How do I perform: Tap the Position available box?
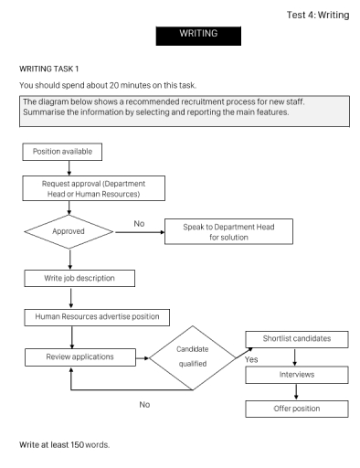point(61,151)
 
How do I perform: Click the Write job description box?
point(82,276)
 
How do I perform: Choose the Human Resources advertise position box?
point(97,316)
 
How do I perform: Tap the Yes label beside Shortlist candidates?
point(251,359)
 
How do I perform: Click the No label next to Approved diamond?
point(139,222)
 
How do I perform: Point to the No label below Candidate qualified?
point(144,404)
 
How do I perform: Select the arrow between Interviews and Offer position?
point(295,391)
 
